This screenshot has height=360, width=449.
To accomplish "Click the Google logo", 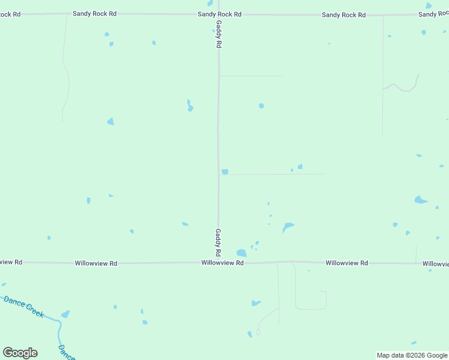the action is [x=20, y=353].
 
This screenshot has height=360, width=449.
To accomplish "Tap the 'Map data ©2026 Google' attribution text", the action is [x=412, y=355].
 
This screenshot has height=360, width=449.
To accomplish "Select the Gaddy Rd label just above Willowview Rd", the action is [x=218, y=241].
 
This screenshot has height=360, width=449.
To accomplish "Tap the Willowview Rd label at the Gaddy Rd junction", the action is [x=222, y=263].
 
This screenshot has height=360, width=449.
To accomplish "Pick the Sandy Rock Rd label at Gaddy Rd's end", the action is [x=220, y=13].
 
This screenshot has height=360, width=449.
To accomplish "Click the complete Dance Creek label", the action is [x=24, y=306].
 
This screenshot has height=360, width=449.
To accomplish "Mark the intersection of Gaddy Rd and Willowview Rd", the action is [x=218, y=263].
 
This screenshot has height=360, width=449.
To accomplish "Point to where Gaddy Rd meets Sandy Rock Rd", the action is [x=218, y=14].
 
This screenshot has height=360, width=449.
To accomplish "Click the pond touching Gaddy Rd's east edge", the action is [x=224, y=172].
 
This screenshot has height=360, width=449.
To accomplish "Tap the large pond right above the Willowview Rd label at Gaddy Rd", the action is [x=241, y=253].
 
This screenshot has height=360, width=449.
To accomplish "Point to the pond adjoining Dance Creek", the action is [x=65, y=314].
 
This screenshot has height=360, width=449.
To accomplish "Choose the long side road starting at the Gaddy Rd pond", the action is [x=276, y=175].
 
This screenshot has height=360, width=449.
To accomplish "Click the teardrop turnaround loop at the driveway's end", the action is [x=259, y=331].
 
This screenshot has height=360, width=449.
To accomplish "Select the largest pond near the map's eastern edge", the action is [x=420, y=200].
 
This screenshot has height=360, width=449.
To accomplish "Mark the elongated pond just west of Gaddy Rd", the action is [x=190, y=106].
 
